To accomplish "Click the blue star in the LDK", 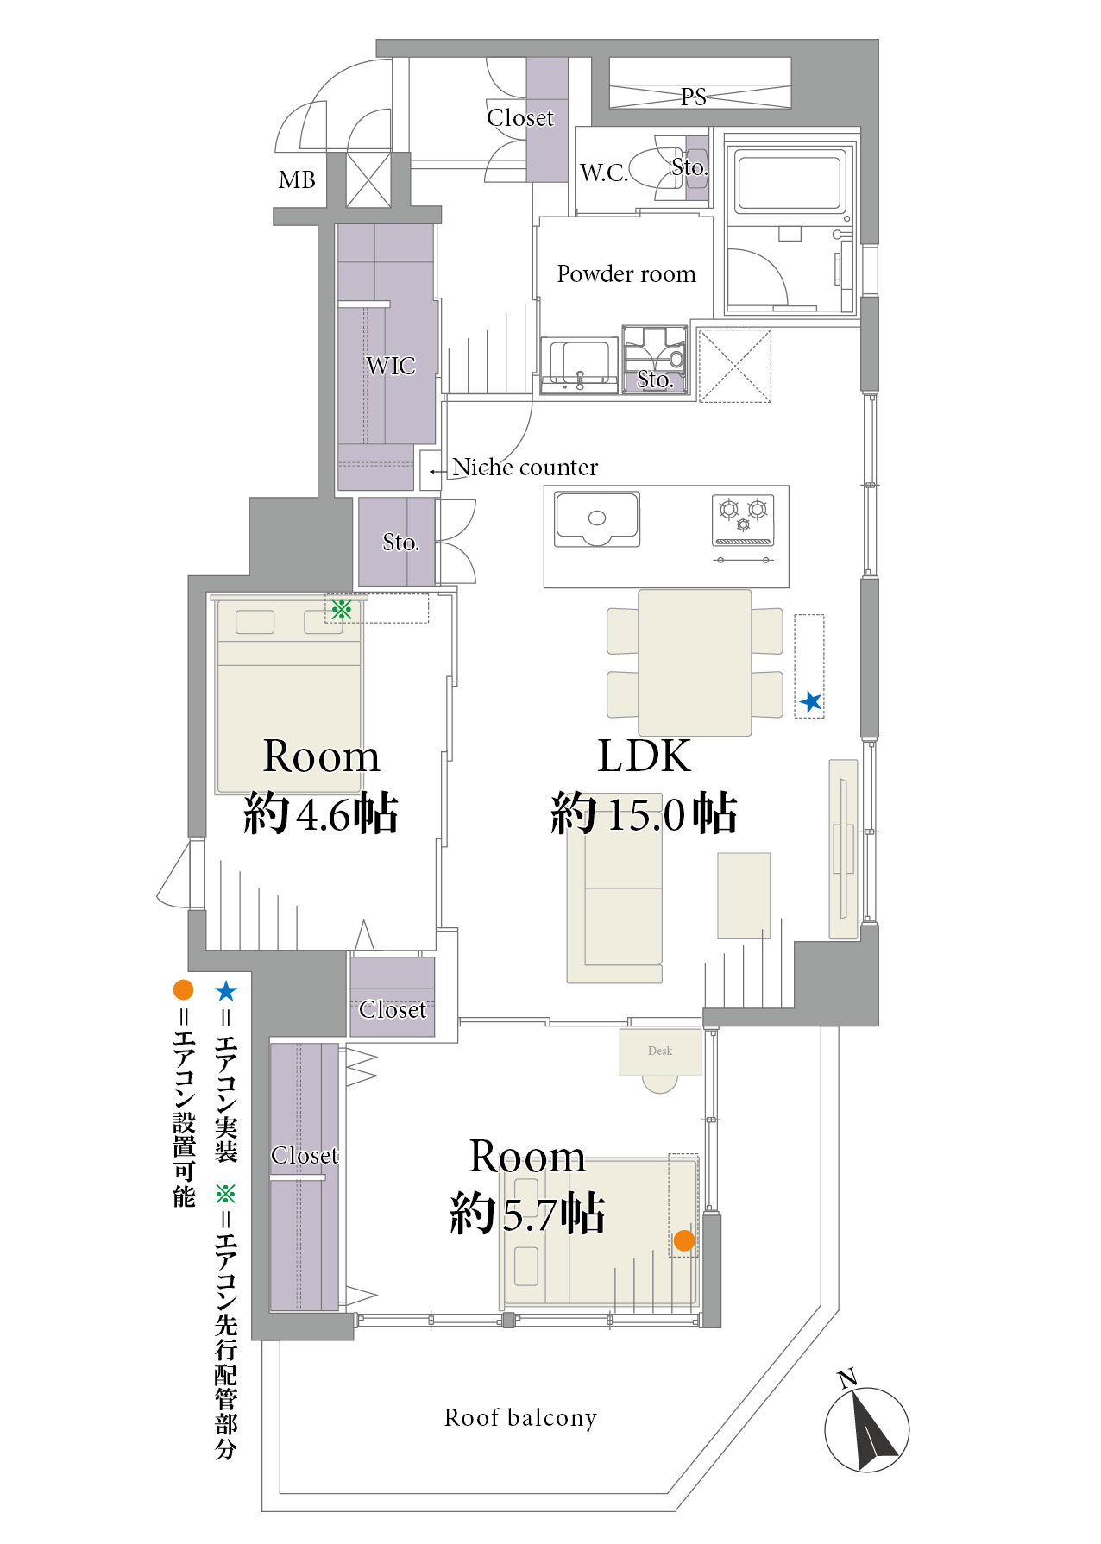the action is coord(810,702).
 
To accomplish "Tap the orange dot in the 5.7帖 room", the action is coord(684,1240).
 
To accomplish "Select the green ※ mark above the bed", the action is coord(342,610).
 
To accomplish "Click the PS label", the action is coord(694,97).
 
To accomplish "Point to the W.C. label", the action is coord(604,173).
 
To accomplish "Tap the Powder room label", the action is coord(626,274).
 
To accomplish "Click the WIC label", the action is coord(391,366).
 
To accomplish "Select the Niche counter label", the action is coord(525,468).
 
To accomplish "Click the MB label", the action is coord(297,180).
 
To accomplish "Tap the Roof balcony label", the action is coord(520,1418).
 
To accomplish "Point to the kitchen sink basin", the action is coord(597,519).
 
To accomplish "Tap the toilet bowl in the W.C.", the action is coord(654,168).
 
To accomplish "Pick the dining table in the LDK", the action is coord(695,662).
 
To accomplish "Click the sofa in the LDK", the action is coord(614,888).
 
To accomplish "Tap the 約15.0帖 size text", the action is coord(644,813).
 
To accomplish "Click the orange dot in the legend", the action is coord(183,989).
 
